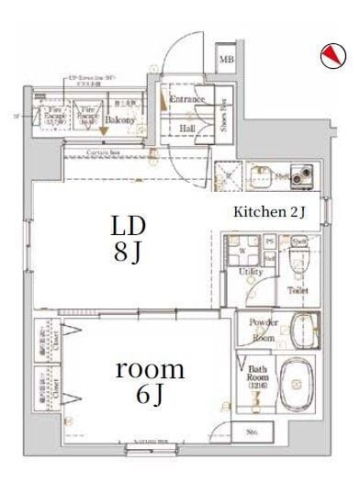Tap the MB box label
(226, 61)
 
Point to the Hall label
(187, 129)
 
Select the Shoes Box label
(224, 116)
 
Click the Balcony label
(119, 119)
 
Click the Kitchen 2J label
(269, 213)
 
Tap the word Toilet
(298, 290)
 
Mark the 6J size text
(151, 396)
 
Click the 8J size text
(129, 253)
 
